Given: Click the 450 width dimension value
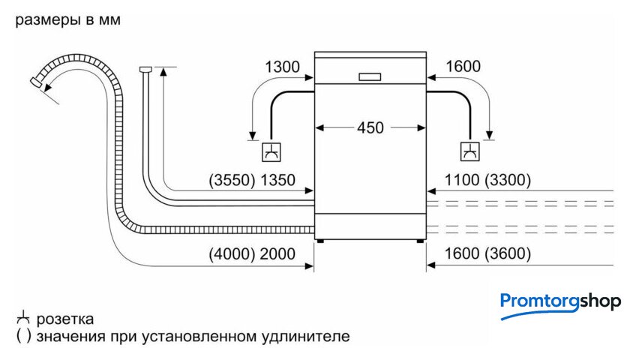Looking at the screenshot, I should click(370, 128).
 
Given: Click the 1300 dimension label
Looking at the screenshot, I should click(283, 67).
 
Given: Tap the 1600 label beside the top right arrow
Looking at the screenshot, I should click(463, 67).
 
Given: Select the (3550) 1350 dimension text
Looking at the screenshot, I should click(252, 180).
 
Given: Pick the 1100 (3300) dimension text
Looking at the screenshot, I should click(487, 180).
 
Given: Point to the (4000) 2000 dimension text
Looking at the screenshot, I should click(252, 253).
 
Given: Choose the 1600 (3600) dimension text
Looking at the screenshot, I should click(487, 253).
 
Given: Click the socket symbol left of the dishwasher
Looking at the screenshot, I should click(268, 151).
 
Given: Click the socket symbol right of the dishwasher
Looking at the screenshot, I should click(470, 151).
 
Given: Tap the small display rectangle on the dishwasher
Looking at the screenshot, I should click(370, 76).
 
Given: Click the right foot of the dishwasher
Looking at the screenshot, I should click(418, 241).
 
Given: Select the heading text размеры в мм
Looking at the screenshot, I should click(67, 20).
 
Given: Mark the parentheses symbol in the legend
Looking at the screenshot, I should click(22, 336).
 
